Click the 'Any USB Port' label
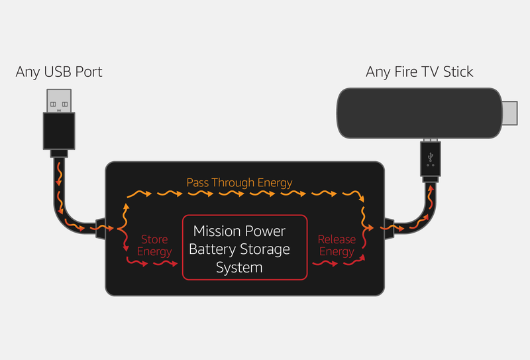[59, 72]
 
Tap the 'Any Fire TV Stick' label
[419, 72]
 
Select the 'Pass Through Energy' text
[239, 182]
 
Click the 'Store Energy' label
[154, 245]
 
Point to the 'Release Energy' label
[337, 245]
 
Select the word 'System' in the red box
[239, 267]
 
